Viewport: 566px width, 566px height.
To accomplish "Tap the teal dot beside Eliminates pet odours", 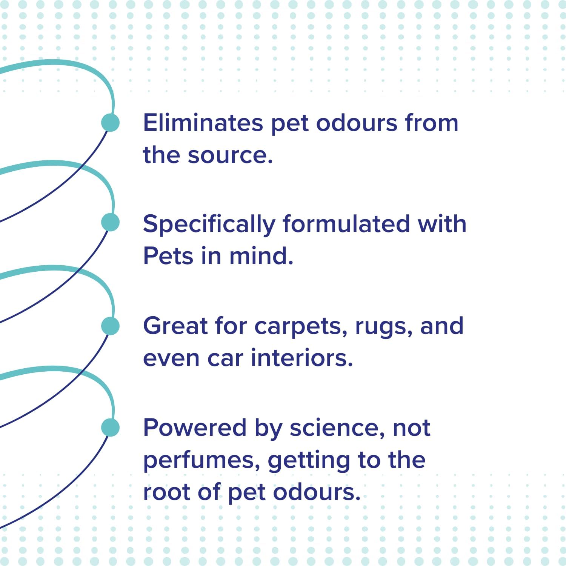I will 111,123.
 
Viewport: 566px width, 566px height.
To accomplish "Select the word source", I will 230,155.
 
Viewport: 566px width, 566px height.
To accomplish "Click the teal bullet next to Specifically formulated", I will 111,222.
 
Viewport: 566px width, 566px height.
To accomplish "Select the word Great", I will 175,326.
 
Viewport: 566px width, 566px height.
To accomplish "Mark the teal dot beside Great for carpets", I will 111,326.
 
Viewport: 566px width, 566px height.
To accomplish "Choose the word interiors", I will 302,358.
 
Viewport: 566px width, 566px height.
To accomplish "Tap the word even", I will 171,358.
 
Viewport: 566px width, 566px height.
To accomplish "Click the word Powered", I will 195,428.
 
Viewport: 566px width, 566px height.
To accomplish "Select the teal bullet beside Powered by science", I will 111,428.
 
